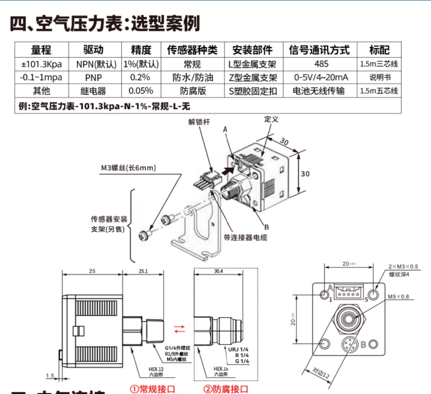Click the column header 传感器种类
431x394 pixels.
pyautogui.click(x=192, y=50)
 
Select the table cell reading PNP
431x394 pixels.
pyautogui.click(x=94, y=77)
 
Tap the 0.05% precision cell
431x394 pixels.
pyautogui.click(x=141, y=91)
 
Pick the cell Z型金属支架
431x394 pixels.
pyautogui.click(x=253, y=77)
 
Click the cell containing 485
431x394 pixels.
pyautogui.click(x=321, y=64)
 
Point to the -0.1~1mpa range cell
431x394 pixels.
pyautogui.click(x=41, y=77)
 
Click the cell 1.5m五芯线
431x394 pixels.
pyautogui.click(x=379, y=91)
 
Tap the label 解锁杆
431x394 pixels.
pyautogui.click(x=198, y=122)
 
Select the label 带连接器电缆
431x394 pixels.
pyautogui.click(x=245, y=238)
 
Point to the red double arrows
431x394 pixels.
pyautogui.click(x=180, y=329)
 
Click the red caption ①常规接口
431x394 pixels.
pyautogui.click(x=152, y=388)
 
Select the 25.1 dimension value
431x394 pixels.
pyautogui.click(x=142, y=271)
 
